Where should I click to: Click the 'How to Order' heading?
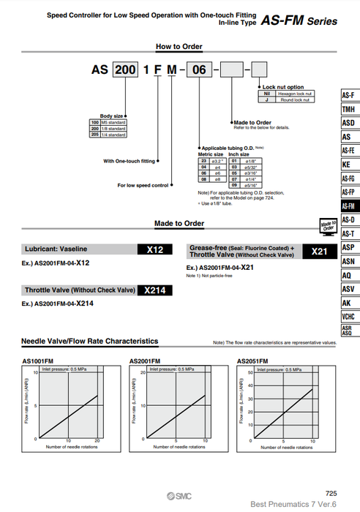[x=181, y=46]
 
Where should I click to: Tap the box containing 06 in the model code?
[x=198, y=72]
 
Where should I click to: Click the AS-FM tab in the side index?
[x=348, y=207]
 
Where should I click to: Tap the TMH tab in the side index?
[x=348, y=110]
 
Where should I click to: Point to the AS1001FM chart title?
[x=36, y=361]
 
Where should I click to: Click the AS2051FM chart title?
[x=254, y=361]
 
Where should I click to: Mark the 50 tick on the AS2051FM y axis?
[x=251, y=373]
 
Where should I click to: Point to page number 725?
[x=331, y=494]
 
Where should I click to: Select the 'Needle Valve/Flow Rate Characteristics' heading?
[x=90, y=342]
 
